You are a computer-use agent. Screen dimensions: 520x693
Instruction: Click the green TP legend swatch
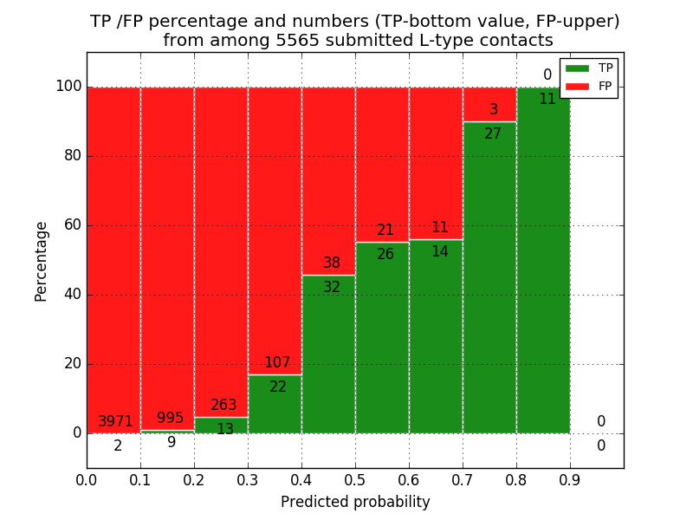tap(577, 68)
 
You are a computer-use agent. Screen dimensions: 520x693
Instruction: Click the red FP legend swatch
tap(577, 86)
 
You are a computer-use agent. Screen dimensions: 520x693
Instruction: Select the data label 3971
tap(115, 422)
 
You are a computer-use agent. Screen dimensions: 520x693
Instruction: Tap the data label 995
tap(170, 419)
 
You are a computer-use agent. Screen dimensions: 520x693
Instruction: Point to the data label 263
tap(223, 406)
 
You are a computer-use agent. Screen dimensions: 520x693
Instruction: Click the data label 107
tap(277, 363)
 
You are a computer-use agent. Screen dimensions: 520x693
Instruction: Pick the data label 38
tap(332, 263)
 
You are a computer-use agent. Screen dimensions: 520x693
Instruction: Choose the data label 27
tap(493, 134)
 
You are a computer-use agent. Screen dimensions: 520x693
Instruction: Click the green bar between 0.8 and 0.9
tap(543, 260)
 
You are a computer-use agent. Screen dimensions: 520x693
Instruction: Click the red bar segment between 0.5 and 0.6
tap(382, 156)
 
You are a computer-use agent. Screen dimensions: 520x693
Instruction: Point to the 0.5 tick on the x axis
tap(355, 478)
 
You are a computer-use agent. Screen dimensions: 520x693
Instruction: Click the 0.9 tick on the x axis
tap(570, 478)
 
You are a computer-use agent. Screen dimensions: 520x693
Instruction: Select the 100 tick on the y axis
tap(68, 87)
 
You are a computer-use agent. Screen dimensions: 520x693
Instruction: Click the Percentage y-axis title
tap(41, 261)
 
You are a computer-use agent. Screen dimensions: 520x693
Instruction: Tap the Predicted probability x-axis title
tap(355, 502)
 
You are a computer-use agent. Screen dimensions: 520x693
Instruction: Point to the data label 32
tap(332, 287)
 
